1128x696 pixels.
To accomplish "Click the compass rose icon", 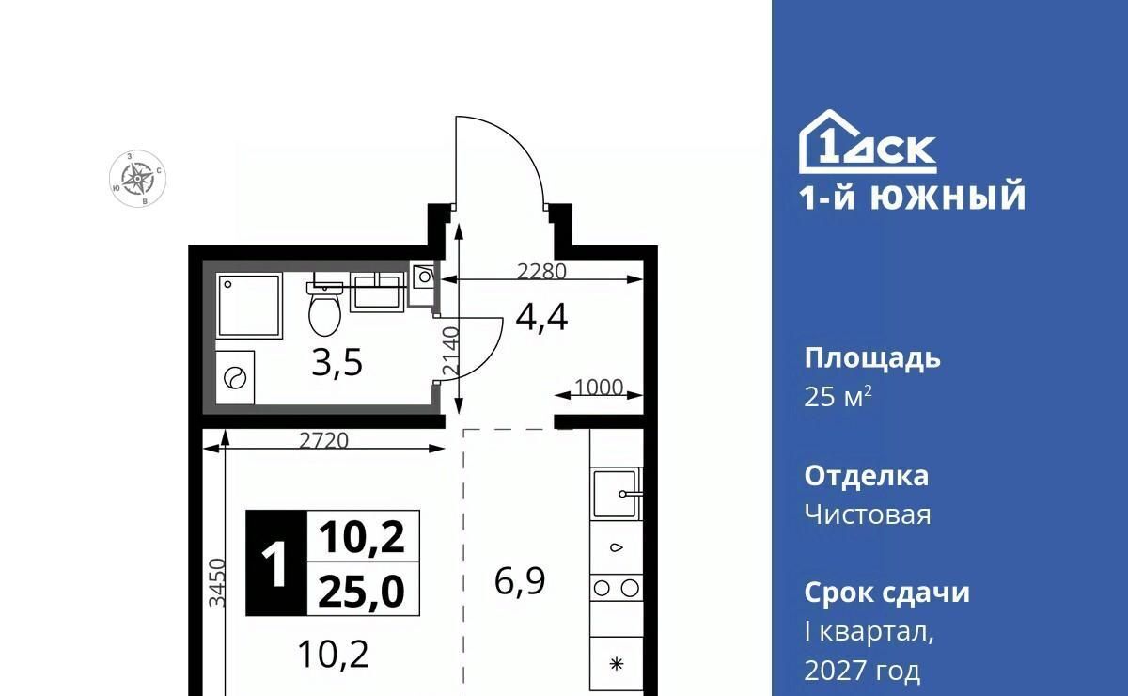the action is [137, 179].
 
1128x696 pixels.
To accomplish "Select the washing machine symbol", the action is [235, 377].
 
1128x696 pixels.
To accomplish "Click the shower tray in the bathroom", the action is [249, 306].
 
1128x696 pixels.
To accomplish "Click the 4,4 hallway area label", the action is [541, 318].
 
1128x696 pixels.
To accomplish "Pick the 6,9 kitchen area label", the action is [520, 581].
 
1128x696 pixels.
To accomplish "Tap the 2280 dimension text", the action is [541, 272].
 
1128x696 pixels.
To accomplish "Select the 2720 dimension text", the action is [323, 441].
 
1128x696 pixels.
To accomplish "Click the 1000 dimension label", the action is [599, 388].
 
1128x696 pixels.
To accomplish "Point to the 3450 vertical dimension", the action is [217, 582].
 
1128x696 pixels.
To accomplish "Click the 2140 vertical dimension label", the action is [451, 350].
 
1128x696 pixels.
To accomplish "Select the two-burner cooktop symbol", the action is [617, 588].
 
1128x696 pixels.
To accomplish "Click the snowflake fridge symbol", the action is [617, 664].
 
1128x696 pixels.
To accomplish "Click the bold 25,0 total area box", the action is [363, 589].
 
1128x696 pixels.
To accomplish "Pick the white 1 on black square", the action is [276, 563].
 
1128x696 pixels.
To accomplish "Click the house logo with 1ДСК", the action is [868, 142].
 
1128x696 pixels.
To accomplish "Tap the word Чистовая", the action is [868, 514].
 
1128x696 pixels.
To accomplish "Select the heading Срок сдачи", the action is [886, 593].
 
